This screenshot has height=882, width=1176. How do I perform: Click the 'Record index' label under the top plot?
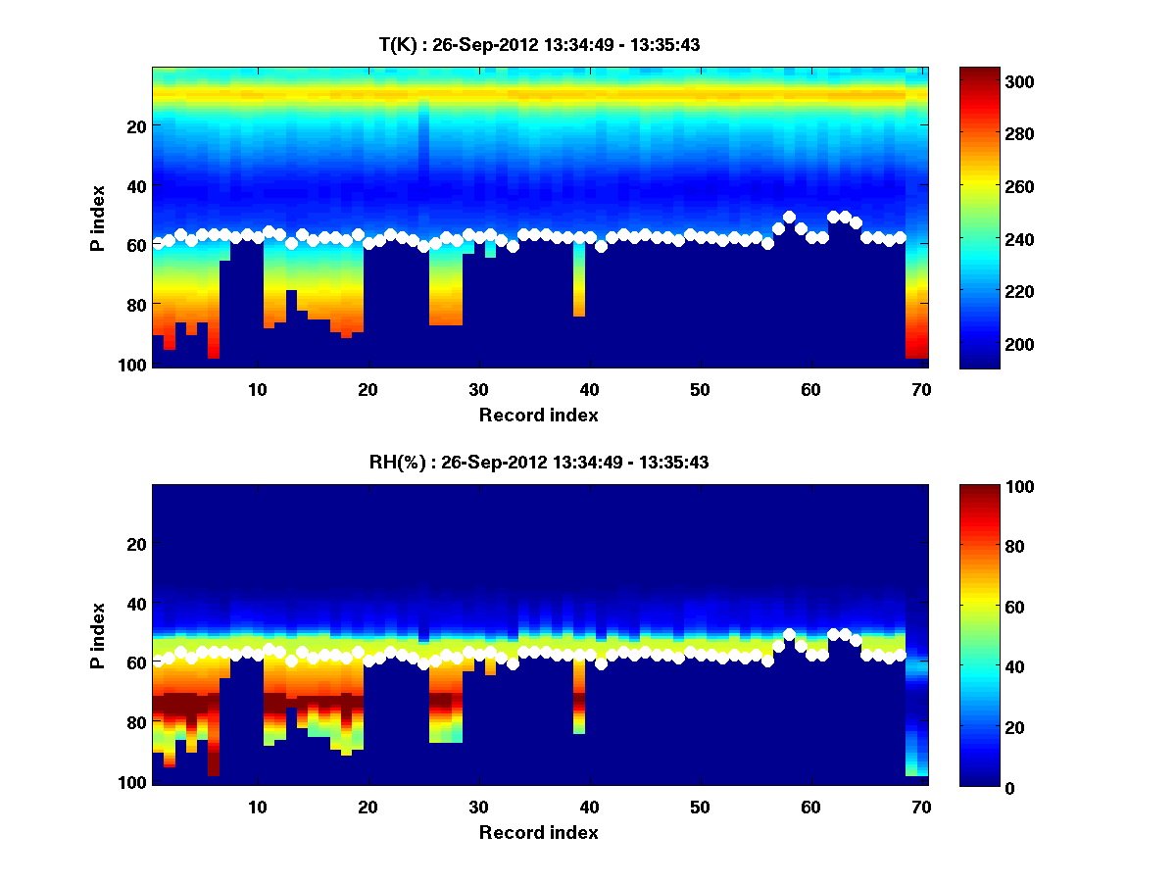click(538, 415)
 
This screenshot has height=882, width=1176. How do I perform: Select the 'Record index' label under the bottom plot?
click(538, 832)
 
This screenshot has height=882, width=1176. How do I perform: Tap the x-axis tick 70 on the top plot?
click(921, 389)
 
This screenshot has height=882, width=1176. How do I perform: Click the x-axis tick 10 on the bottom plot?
click(257, 807)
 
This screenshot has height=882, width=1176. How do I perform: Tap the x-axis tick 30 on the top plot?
click(478, 389)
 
